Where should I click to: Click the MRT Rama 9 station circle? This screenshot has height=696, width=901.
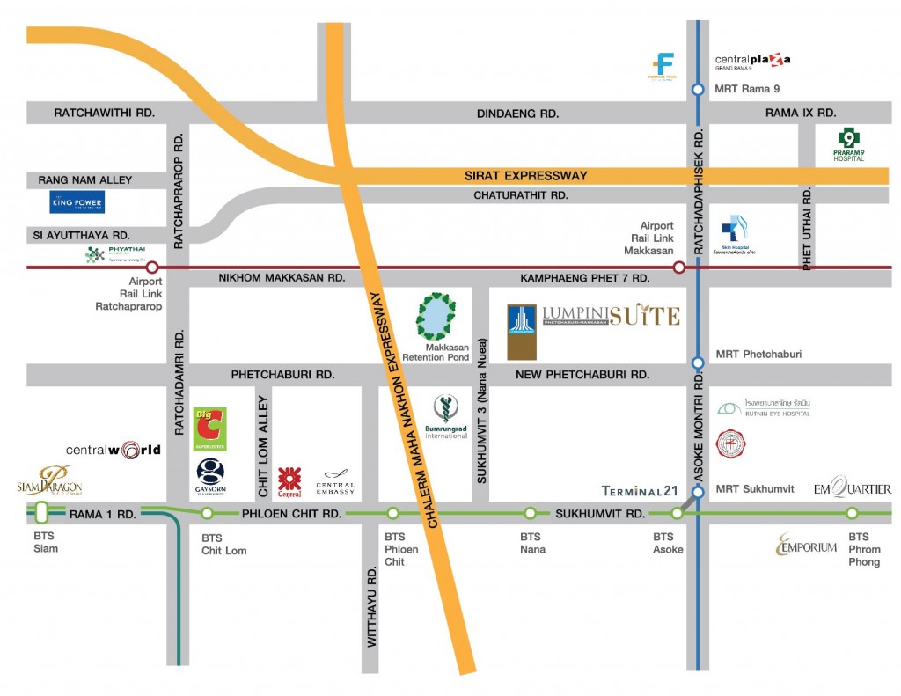pos(698,89)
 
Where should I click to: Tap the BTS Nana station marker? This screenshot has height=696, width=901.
pos(531,513)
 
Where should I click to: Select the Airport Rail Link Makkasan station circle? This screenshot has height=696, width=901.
pos(678,267)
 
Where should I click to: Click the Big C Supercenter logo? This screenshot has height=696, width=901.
pos(210,429)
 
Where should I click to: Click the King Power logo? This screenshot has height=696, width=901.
pos(77,202)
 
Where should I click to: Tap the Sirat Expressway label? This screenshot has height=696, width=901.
pos(525,176)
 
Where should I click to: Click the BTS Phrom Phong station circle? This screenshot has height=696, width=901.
pos(852,513)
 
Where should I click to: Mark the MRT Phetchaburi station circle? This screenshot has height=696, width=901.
pos(698,363)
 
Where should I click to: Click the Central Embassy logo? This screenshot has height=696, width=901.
pos(335,481)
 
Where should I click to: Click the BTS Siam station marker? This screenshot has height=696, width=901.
pos(40,513)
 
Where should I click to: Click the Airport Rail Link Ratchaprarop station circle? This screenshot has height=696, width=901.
pos(152,267)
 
